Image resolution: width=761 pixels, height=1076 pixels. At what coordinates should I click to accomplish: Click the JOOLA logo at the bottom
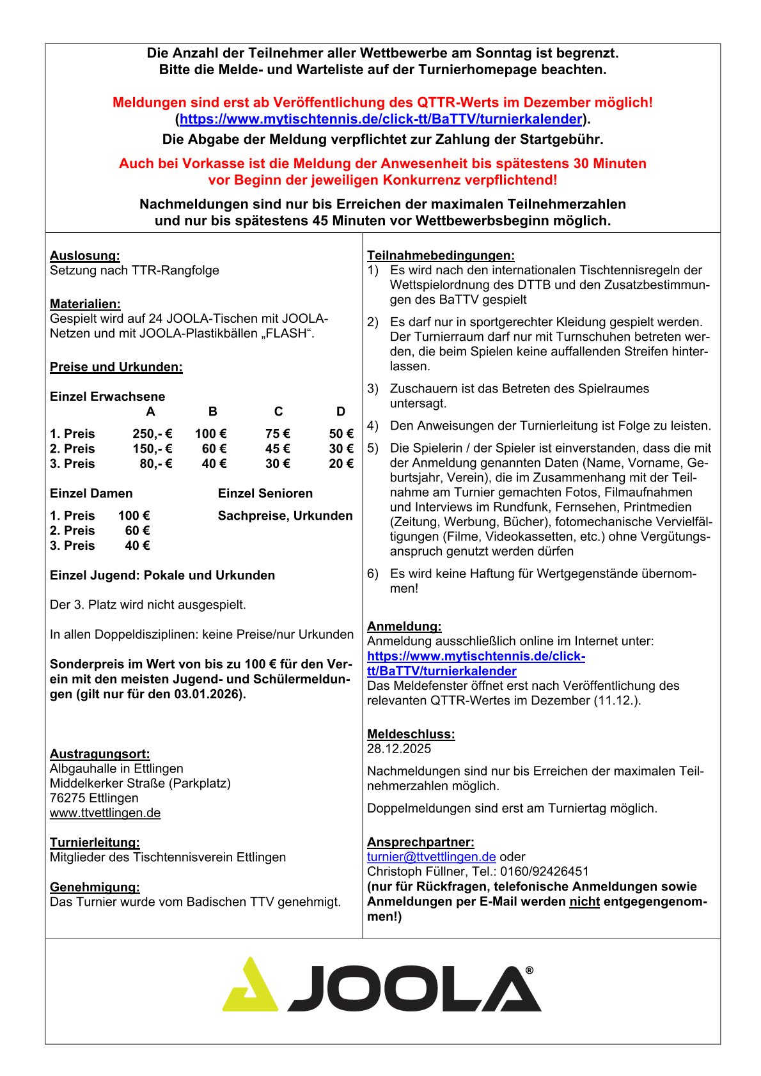click(382, 985)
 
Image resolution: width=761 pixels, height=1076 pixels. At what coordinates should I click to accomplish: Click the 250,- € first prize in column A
click(152, 434)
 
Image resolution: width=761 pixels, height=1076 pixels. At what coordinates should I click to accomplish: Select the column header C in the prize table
click(278, 412)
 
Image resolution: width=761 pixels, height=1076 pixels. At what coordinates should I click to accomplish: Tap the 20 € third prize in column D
click(341, 464)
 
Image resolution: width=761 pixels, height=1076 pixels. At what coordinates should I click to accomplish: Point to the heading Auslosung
click(85, 256)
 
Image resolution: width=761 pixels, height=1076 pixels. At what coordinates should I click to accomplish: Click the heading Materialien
click(85, 304)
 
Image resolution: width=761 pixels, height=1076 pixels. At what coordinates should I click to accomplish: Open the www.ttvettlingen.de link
click(105, 813)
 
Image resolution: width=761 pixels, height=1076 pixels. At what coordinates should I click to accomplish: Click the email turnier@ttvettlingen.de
click(431, 857)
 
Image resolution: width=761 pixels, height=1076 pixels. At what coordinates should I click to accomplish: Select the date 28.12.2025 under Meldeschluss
click(399, 749)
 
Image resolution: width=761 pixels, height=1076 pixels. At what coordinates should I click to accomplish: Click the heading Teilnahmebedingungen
click(441, 256)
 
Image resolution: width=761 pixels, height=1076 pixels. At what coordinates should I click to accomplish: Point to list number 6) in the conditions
click(373, 574)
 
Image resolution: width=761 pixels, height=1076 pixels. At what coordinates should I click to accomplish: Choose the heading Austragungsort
click(100, 754)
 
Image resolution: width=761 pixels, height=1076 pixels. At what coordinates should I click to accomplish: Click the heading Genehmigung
click(95, 887)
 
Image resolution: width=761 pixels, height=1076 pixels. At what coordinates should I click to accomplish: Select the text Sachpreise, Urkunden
click(285, 516)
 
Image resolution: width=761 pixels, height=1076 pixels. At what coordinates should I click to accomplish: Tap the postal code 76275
click(68, 799)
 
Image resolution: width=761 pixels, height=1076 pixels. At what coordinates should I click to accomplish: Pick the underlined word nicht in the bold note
click(584, 902)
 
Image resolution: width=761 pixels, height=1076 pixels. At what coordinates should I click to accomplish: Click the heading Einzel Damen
click(91, 494)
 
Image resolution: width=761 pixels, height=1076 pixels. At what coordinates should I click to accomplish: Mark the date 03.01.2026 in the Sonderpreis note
click(208, 694)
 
